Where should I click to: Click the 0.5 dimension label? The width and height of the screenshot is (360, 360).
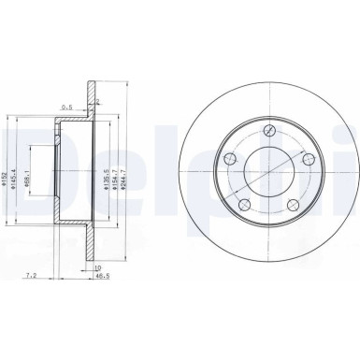click(68, 107)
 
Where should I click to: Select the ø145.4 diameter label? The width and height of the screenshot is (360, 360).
click(19, 175)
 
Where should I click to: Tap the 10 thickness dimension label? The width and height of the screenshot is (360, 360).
click(96, 266)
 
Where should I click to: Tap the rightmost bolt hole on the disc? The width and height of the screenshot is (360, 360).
click(292, 171)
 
